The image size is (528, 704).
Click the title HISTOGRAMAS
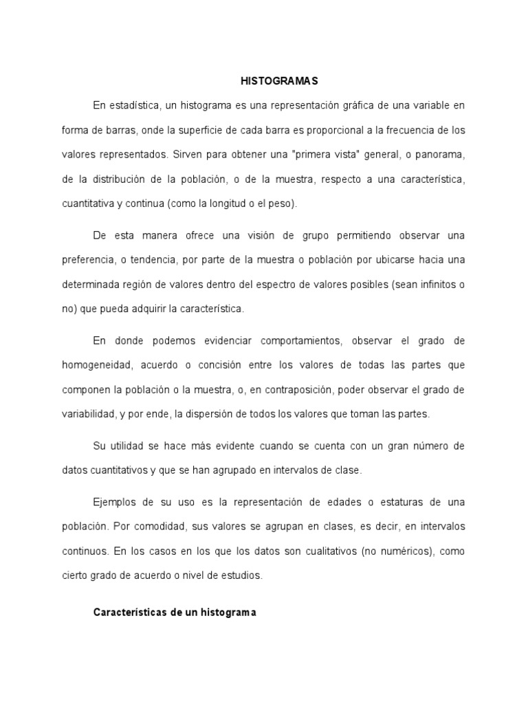click(x=269, y=80)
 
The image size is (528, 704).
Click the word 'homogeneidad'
click(x=95, y=365)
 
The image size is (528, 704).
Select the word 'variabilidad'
click(x=85, y=415)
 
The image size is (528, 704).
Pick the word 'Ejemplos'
click(x=115, y=501)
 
